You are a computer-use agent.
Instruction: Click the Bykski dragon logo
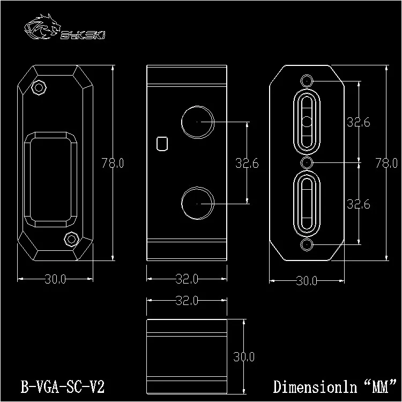coord(42,27)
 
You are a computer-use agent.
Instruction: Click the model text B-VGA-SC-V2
coord(63,386)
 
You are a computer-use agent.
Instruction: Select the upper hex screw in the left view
coord(39,88)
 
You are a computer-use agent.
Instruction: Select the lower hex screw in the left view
coord(71,240)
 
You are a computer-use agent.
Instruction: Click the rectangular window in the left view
coord(50,180)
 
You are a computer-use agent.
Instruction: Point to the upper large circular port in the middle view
coord(197,122)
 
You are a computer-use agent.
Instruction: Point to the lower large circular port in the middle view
coord(197,203)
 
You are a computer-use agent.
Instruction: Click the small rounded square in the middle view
coord(162,144)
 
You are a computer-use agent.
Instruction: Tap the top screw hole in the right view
coord(307,81)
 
